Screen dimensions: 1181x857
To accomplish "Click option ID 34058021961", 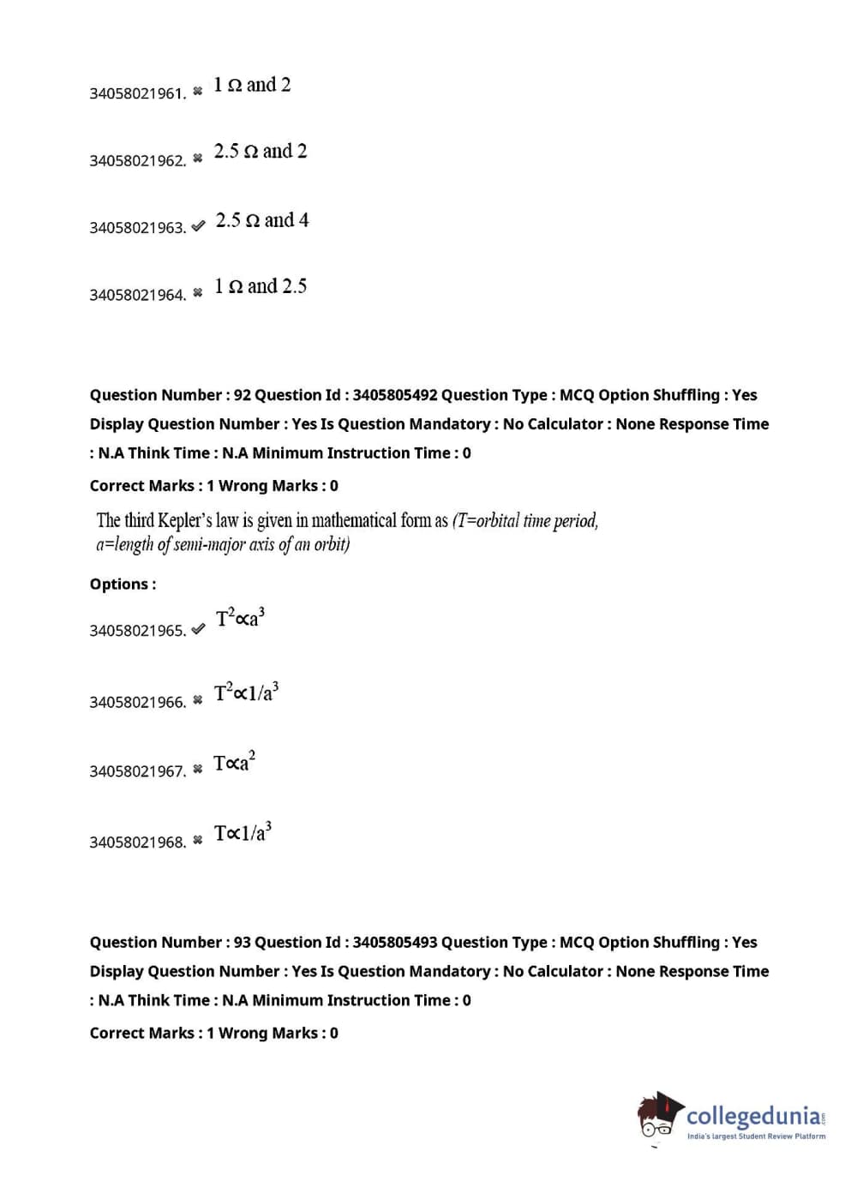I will pos(137,93).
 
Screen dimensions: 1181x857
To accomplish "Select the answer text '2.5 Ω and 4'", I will pos(262,220).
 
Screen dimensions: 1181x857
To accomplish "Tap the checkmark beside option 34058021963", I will pos(198,226).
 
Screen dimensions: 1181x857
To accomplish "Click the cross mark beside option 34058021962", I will pos(198,159).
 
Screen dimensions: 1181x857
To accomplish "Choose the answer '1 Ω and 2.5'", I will pos(261,286).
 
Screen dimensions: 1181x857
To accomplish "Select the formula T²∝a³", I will pos(240,618).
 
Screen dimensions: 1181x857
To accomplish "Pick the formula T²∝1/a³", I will pos(246,692).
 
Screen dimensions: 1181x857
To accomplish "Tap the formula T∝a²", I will pos(234,763).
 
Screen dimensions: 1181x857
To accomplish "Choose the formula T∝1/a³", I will pos(243,832).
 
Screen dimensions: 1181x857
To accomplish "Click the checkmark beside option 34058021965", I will pos(198,629).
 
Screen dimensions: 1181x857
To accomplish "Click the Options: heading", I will pos(123,585).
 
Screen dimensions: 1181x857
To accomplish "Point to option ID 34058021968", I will pos(137,842).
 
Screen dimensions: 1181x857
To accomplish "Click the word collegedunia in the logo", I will pos(753,1116).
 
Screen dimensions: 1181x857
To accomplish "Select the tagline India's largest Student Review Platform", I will pos(756,1136).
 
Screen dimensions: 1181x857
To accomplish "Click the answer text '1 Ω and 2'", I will pos(252,85).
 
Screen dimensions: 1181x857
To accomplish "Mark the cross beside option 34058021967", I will pos(198,770).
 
